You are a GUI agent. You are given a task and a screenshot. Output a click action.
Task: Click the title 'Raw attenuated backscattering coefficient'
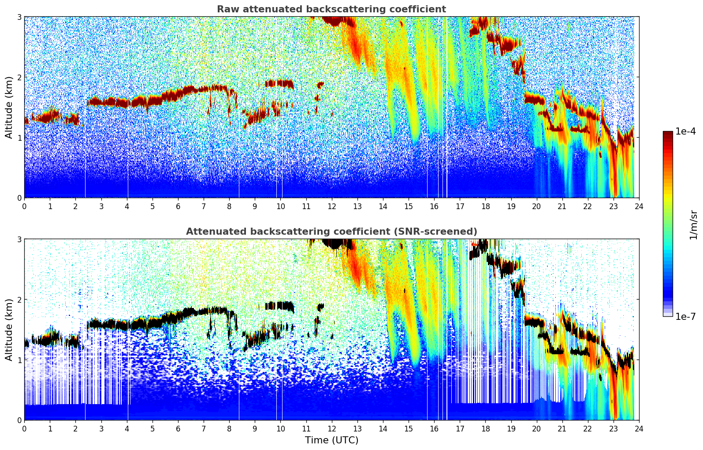331,9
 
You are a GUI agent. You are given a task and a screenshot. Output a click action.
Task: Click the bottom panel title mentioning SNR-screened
331,232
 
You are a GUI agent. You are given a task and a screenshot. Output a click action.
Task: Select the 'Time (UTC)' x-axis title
331,440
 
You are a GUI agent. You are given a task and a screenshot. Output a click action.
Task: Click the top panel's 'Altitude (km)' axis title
9,107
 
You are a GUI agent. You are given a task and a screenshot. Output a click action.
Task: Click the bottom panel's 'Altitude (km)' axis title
9,330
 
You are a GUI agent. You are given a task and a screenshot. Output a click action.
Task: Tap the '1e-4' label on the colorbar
685,131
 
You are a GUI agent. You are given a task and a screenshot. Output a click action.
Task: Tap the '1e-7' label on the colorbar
685,316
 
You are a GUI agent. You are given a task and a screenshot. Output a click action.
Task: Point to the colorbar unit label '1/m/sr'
693,225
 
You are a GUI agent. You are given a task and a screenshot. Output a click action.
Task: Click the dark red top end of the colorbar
668,133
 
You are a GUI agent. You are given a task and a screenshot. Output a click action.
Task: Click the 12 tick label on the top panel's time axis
331,206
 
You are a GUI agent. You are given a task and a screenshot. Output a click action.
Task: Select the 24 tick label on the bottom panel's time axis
639,429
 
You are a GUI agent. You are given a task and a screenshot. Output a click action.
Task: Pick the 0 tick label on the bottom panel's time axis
24,429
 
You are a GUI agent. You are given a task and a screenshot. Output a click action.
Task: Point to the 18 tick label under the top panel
485,206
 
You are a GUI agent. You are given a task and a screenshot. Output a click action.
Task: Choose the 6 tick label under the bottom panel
178,429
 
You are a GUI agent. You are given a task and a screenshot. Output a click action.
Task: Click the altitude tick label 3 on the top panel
19,17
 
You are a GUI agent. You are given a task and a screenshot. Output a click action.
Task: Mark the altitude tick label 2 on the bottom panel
19,300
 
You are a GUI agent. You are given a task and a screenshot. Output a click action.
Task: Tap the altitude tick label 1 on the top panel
19,138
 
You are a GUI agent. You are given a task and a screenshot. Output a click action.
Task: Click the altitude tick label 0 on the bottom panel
19,420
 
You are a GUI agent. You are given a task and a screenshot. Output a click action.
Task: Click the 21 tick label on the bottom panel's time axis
562,429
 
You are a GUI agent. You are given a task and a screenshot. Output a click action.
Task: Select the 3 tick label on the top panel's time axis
101,206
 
